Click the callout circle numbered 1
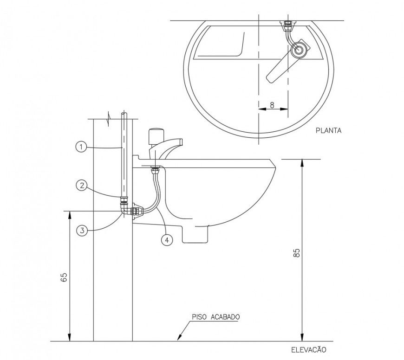coord(80,147)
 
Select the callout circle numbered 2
coord(81,186)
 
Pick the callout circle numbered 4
coord(166,240)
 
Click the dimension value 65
coord(64,277)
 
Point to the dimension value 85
coord(297,253)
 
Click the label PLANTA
coord(328,131)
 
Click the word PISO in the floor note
coord(200,317)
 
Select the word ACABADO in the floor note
coord(225,317)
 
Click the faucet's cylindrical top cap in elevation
coord(154,136)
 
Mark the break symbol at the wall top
coord(110,117)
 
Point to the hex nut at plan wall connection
coord(287,23)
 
